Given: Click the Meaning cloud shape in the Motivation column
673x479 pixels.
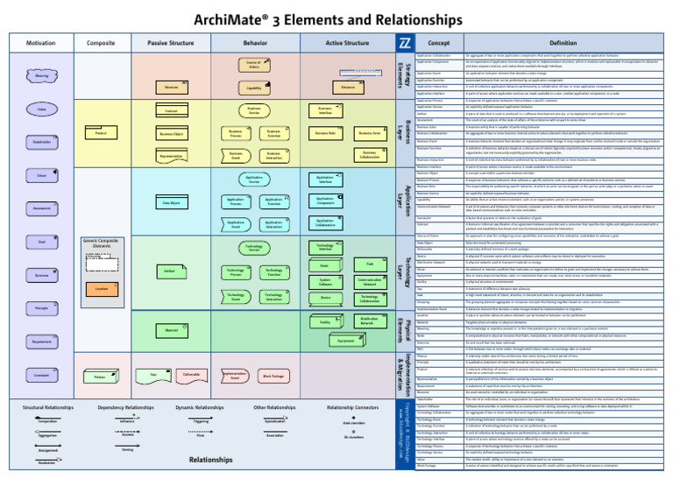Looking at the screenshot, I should (x=41, y=76).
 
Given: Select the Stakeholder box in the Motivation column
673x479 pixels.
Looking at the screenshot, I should (x=41, y=141).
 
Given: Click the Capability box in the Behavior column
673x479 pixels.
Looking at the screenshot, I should (x=253, y=88).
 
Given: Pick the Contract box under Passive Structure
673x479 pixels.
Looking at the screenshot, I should (x=172, y=111).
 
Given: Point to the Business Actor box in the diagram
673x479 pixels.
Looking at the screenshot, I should (x=368, y=133).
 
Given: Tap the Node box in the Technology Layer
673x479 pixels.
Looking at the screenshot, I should (x=324, y=265).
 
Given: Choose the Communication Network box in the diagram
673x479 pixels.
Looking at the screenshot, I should (x=369, y=282).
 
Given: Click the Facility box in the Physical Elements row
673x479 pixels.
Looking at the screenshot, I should (x=324, y=323).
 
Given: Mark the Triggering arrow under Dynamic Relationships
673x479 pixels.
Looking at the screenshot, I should (x=201, y=419).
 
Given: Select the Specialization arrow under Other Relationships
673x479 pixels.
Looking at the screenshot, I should (x=275, y=419).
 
